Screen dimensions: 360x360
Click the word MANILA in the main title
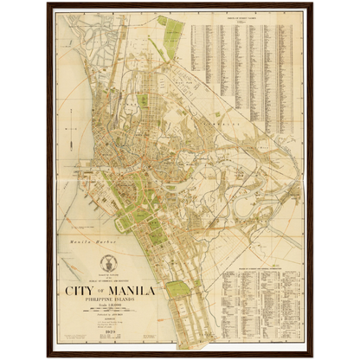[x=130, y=291]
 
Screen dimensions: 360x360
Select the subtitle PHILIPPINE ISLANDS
[x=107, y=302]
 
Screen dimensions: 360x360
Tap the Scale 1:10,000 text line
[x=107, y=311]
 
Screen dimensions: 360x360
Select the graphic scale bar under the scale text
[x=107, y=317]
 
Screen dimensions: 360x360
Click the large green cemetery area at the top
[x=172, y=38]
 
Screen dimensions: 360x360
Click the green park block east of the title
[x=177, y=289]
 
